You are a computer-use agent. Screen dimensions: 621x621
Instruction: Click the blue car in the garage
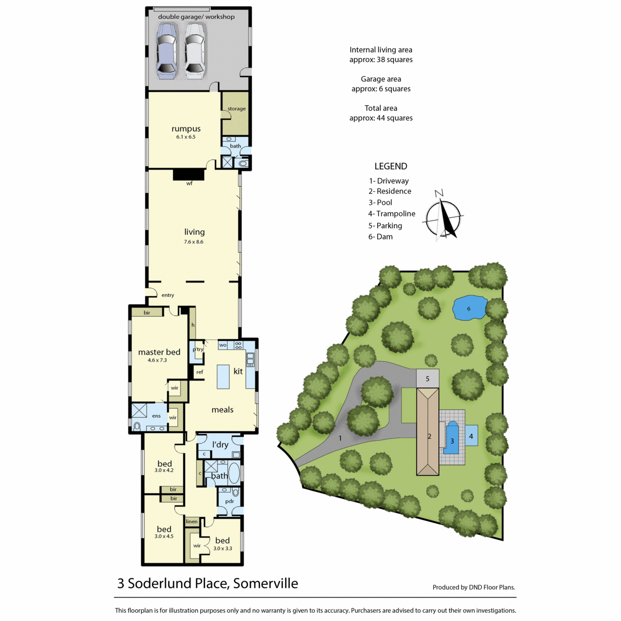click(166, 51)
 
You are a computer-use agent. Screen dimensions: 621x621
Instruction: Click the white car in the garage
click(195, 51)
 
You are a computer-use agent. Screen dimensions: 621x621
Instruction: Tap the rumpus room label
click(186, 128)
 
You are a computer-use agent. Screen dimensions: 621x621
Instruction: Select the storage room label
click(236, 109)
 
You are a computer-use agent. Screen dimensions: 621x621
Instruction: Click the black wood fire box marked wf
click(188, 175)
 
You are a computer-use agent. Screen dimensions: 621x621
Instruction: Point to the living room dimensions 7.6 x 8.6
click(194, 242)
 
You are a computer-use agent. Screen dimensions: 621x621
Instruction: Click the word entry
click(168, 295)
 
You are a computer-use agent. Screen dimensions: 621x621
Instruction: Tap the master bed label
click(159, 352)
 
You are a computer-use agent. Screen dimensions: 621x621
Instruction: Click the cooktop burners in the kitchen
click(239, 345)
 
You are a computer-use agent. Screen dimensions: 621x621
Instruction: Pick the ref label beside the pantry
click(200, 372)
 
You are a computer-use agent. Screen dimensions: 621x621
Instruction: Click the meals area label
click(223, 409)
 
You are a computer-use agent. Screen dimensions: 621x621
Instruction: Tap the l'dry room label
click(220, 445)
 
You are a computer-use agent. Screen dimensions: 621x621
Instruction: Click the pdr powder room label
click(229, 501)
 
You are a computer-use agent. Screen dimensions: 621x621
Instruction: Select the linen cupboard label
click(191, 521)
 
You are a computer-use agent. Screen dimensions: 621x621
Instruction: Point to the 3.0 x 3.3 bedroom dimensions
click(223, 548)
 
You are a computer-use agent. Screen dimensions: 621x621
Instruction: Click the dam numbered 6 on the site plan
click(469, 308)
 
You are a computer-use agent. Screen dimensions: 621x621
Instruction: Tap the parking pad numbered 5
click(427, 378)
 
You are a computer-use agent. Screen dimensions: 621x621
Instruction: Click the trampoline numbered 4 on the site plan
click(471, 436)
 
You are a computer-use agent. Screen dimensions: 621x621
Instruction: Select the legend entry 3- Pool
click(380, 202)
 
